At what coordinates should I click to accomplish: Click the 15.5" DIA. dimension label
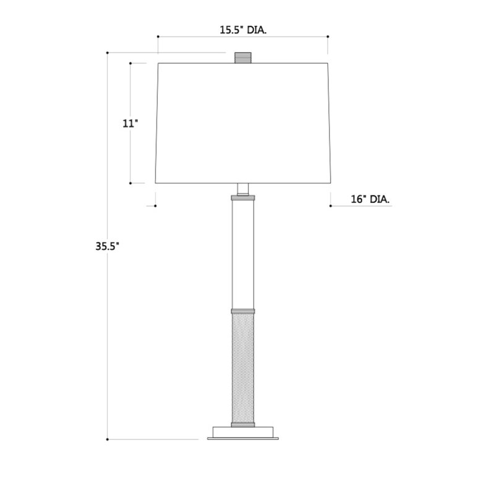(243, 30)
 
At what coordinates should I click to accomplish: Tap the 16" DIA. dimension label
(370, 199)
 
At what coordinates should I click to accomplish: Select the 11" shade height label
(131, 123)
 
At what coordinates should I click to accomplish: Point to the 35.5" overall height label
(107, 246)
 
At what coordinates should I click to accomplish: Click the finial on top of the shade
(243, 58)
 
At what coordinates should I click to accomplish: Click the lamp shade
(243, 123)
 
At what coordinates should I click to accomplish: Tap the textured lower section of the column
(243, 368)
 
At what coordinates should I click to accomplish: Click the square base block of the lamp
(243, 432)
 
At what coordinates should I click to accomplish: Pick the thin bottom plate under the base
(243, 439)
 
